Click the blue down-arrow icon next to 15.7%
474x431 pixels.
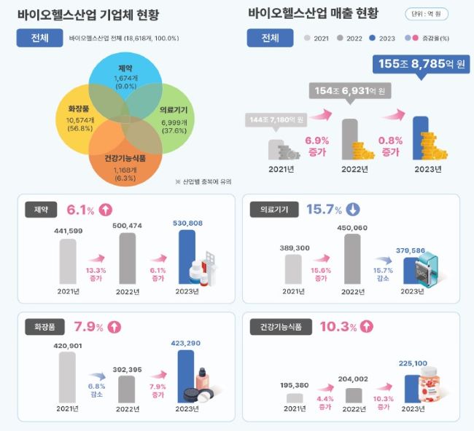click(353, 210)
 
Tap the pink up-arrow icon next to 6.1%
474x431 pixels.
click(106, 210)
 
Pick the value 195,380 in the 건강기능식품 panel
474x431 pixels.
click(295, 384)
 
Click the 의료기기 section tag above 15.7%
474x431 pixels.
click(271, 210)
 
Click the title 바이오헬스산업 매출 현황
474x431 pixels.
click(315, 14)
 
